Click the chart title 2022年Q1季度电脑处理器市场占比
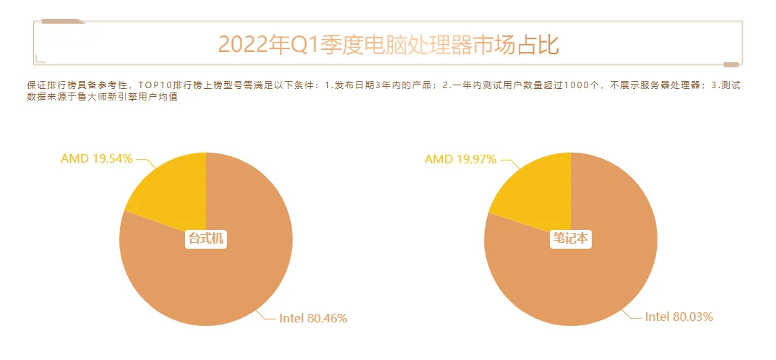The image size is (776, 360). [x=388, y=44]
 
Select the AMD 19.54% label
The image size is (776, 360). [x=96, y=158]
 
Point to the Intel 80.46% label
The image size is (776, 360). [x=313, y=317]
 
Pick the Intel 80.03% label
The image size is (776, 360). [x=678, y=317]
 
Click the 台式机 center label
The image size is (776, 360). [x=206, y=239]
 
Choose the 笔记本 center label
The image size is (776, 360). [x=571, y=239]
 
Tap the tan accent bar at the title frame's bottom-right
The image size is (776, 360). [x=730, y=64]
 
